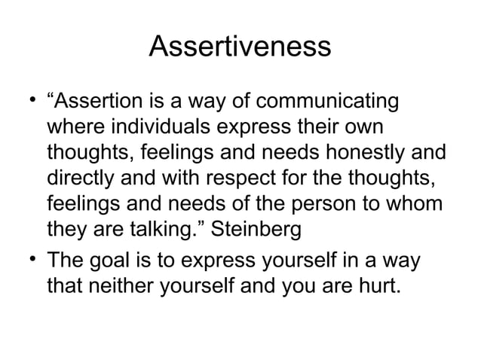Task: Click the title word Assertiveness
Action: (x=240, y=47)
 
